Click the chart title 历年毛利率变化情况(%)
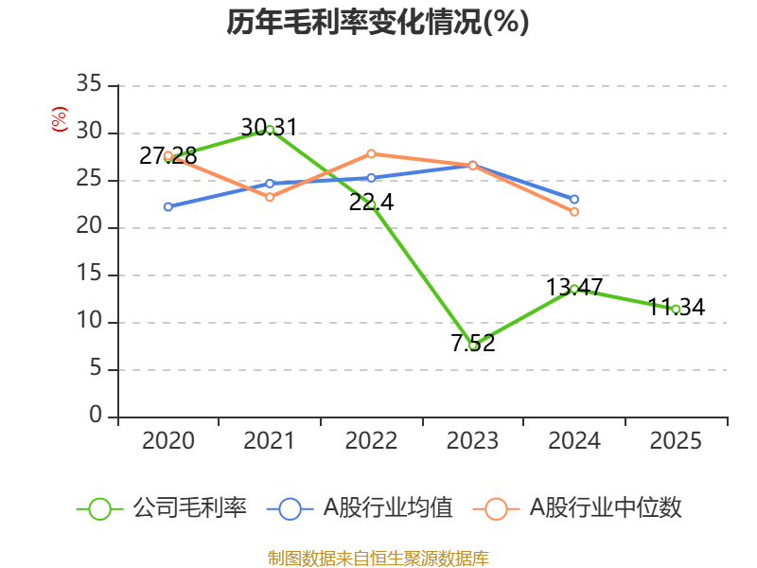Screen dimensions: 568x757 pyautogui.click(x=378, y=23)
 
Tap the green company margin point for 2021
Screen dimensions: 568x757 pyautogui.click(x=270, y=129)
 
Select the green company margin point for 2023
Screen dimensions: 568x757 pyautogui.click(x=472, y=345)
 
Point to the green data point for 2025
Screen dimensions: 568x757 pyautogui.click(x=676, y=309)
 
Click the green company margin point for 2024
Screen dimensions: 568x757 pyautogui.click(x=574, y=289)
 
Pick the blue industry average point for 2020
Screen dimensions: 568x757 pyautogui.click(x=168, y=206)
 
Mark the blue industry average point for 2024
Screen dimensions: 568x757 pyautogui.click(x=574, y=199)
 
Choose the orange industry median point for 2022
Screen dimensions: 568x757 pyautogui.click(x=371, y=153)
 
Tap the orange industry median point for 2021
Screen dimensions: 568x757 pyautogui.click(x=270, y=197)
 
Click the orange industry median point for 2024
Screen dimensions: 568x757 pyautogui.click(x=574, y=212)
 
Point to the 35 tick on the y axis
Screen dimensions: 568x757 pyautogui.click(x=89, y=85)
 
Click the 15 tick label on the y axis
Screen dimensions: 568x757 pyautogui.click(x=89, y=275)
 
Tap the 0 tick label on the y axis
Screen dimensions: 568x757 pyautogui.click(x=95, y=417)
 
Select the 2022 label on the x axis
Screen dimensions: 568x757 pyautogui.click(x=371, y=441)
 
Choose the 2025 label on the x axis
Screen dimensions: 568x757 pyautogui.click(x=676, y=441)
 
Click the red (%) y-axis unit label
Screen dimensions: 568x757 pyautogui.click(x=60, y=119)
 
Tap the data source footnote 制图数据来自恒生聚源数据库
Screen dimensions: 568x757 pyautogui.click(x=378, y=558)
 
